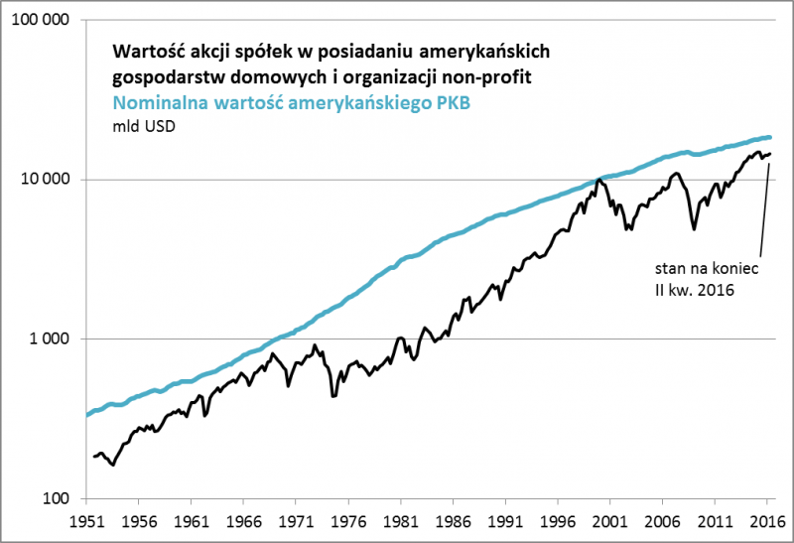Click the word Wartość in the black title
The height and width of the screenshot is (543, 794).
tap(150, 50)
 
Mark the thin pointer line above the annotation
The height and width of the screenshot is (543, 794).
tap(761, 208)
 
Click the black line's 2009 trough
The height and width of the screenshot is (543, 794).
tap(694, 228)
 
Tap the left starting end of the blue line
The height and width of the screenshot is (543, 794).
tap(88, 414)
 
